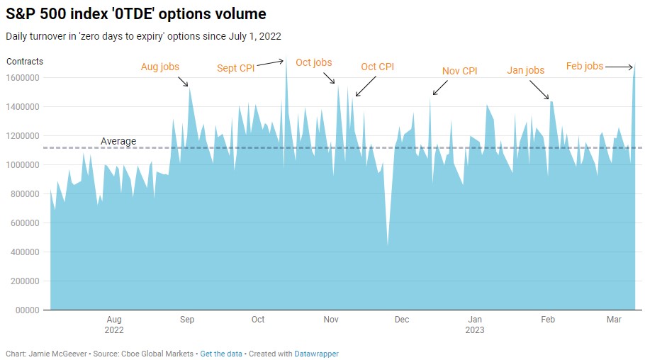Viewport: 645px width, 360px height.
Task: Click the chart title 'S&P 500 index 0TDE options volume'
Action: click(x=135, y=13)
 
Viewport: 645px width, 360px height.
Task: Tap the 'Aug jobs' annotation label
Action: click(x=160, y=67)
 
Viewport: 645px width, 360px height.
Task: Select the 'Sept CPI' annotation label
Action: click(x=236, y=69)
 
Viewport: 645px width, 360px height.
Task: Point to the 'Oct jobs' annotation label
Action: click(x=313, y=63)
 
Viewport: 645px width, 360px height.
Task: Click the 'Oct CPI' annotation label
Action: click(x=377, y=67)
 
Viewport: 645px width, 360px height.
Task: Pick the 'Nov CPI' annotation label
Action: click(x=459, y=71)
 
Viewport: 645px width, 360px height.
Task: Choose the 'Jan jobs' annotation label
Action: click(x=525, y=70)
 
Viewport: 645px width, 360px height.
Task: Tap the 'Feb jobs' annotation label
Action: click(x=584, y=67)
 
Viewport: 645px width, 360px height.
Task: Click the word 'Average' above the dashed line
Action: click(x=118, y=141)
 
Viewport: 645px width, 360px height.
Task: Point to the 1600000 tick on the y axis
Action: click(x=24, y=78)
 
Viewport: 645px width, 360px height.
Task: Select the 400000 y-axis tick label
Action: click(x=26, y=252)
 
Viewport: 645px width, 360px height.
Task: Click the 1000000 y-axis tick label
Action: click(x=24, y=165)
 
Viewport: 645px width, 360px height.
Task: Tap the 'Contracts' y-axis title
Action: click(x=25, y=62)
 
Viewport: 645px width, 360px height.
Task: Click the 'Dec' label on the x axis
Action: click(x=402, y=320)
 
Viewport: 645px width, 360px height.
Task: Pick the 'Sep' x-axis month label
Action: click(x=187, y=320)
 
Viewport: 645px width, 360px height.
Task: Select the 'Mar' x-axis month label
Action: click(x=615, y=320)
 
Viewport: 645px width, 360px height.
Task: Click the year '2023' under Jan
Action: click(x=476, y=330)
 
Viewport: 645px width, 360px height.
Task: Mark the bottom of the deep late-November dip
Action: click(x=387, y=245)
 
